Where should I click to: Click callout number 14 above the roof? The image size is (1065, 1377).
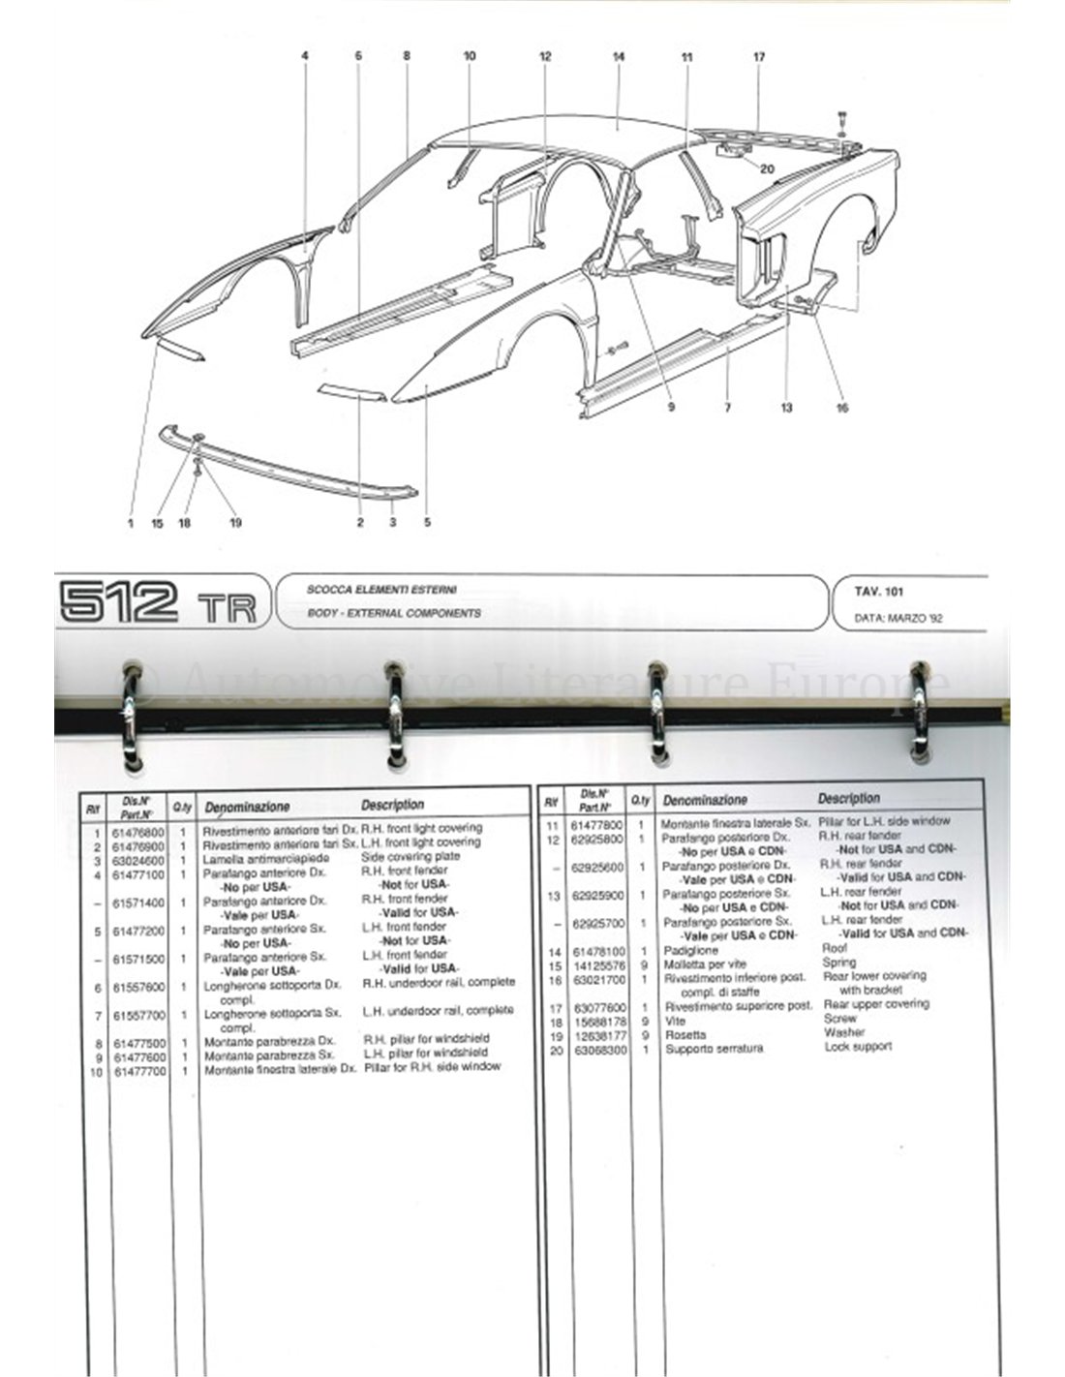point(619,57)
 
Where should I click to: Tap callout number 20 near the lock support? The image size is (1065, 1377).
point(767,168)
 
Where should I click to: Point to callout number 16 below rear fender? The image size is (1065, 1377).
point(841,408)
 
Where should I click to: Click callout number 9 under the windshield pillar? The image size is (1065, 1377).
point(670,408)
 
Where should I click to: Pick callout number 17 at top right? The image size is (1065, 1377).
point(759,57)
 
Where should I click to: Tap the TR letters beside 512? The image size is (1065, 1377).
point(228,607)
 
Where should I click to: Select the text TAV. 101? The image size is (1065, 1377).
point(879,592)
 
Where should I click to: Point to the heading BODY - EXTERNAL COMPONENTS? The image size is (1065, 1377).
point(393,613)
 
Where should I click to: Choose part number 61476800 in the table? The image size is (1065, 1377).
point(137,831)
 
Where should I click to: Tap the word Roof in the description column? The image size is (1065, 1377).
point(834,949)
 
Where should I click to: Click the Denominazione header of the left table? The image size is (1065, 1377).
point(247,806)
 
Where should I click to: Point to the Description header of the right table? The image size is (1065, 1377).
point(849,799)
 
